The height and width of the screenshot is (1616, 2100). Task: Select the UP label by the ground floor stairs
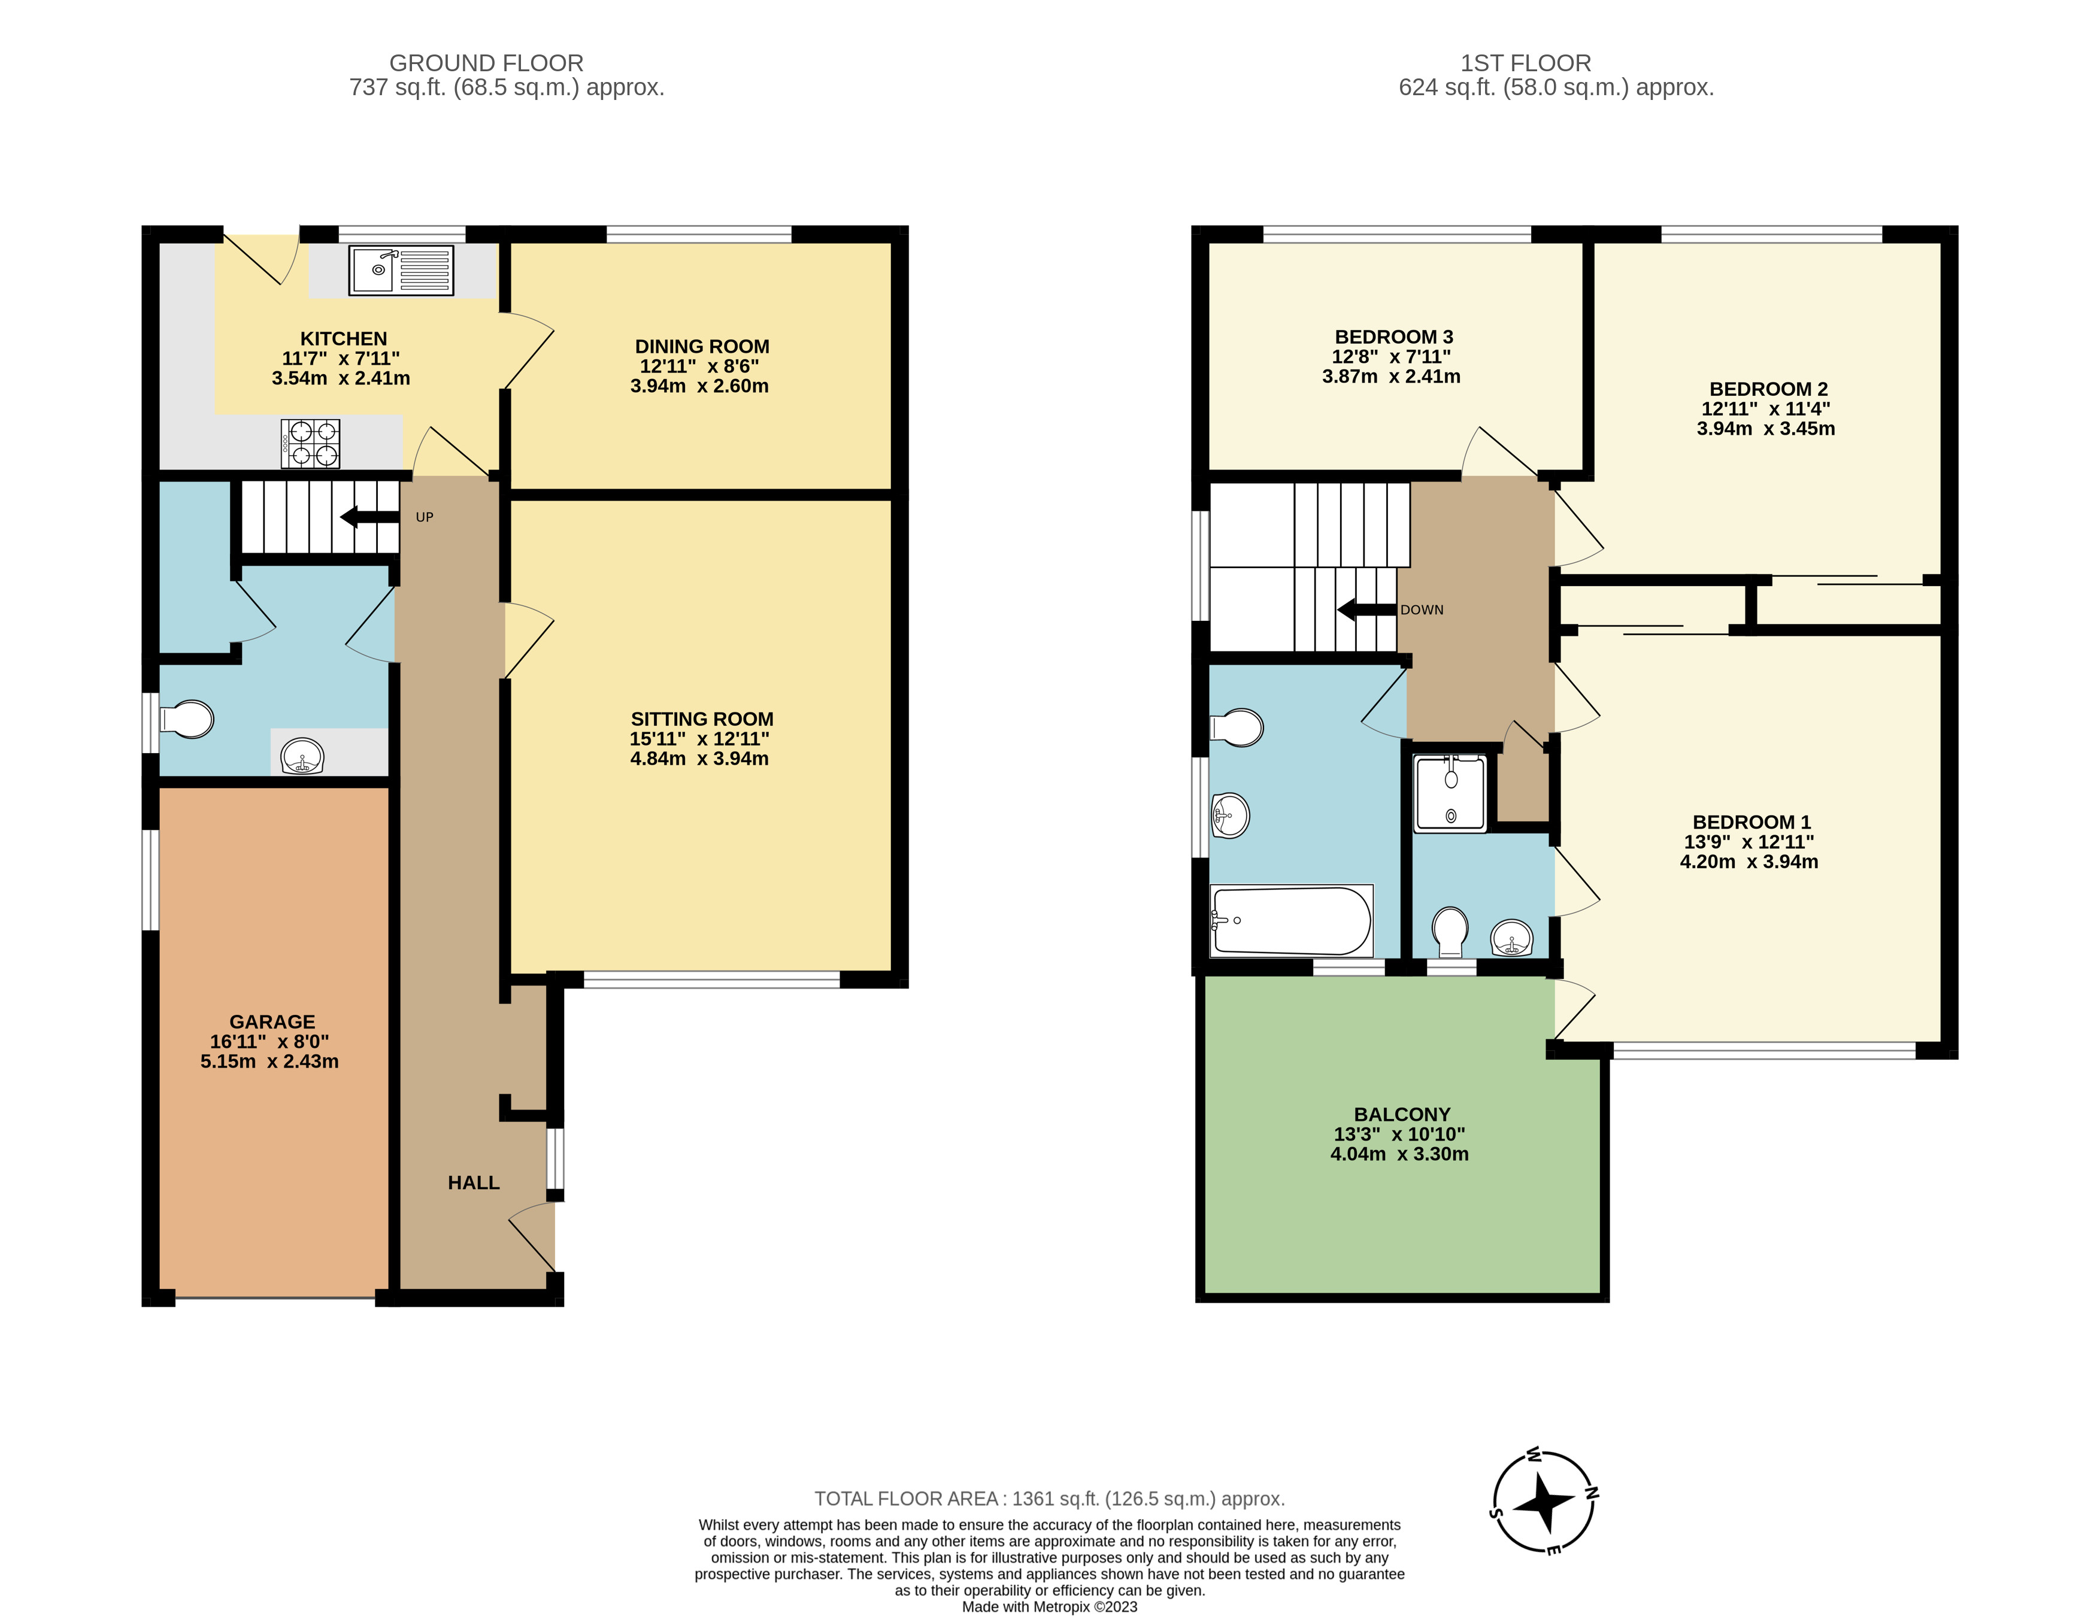424,517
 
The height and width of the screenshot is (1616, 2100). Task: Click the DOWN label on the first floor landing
1421,610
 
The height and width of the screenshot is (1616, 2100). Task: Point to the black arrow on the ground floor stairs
369,517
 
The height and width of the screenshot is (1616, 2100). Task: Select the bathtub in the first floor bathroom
1292,920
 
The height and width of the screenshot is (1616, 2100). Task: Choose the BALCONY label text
1402,1114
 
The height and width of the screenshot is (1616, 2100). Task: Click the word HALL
473,1183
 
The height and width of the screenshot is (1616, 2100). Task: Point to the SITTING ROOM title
702,719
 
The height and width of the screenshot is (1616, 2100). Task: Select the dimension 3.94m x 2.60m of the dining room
699,386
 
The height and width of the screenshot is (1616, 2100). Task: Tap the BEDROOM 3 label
1393,336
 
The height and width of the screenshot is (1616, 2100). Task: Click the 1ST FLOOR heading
1525,63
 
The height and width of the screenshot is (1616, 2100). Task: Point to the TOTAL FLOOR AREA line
1049,1498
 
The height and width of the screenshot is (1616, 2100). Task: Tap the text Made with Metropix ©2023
1049,1606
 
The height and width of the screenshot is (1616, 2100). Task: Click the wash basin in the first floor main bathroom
1230,815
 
